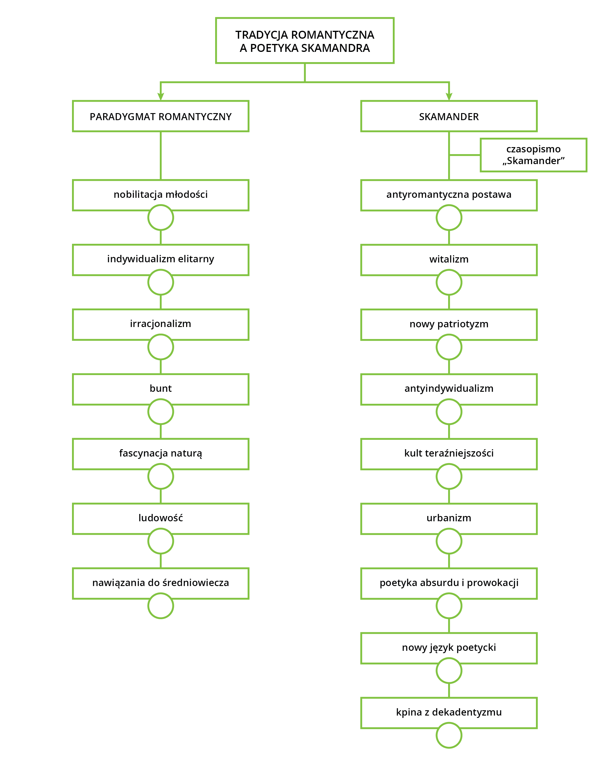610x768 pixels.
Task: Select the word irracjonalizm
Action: click(x=160, y=323)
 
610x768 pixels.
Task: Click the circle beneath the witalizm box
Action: click(x=449, y=270)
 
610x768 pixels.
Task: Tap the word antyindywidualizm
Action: click(x=449, y=388)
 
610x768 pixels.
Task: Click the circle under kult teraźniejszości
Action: click(x=449, y=464)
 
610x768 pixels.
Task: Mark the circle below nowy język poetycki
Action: click(x=449, y=658)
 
